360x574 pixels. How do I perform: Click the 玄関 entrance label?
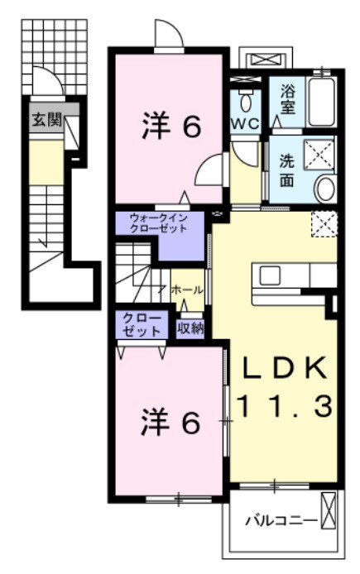[46, 119]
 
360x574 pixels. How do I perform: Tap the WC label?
[245, 123]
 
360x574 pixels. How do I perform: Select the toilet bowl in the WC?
[246, 101]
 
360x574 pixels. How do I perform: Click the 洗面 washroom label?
[286, 171]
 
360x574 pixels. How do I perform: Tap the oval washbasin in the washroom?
[326, 189]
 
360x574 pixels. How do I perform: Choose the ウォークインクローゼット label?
[159, 223]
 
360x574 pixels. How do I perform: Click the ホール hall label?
[187, 290]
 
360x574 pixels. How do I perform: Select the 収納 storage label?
[190, 328]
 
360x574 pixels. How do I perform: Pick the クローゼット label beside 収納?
[142, 324]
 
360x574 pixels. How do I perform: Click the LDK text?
[285, 367]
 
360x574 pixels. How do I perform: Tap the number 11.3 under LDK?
[286, 406]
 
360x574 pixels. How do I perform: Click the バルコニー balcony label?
[281, 520]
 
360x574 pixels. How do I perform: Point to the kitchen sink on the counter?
[270, 275]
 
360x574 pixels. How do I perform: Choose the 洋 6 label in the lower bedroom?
[171, 423]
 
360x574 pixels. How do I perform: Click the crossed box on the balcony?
[328, 510]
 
